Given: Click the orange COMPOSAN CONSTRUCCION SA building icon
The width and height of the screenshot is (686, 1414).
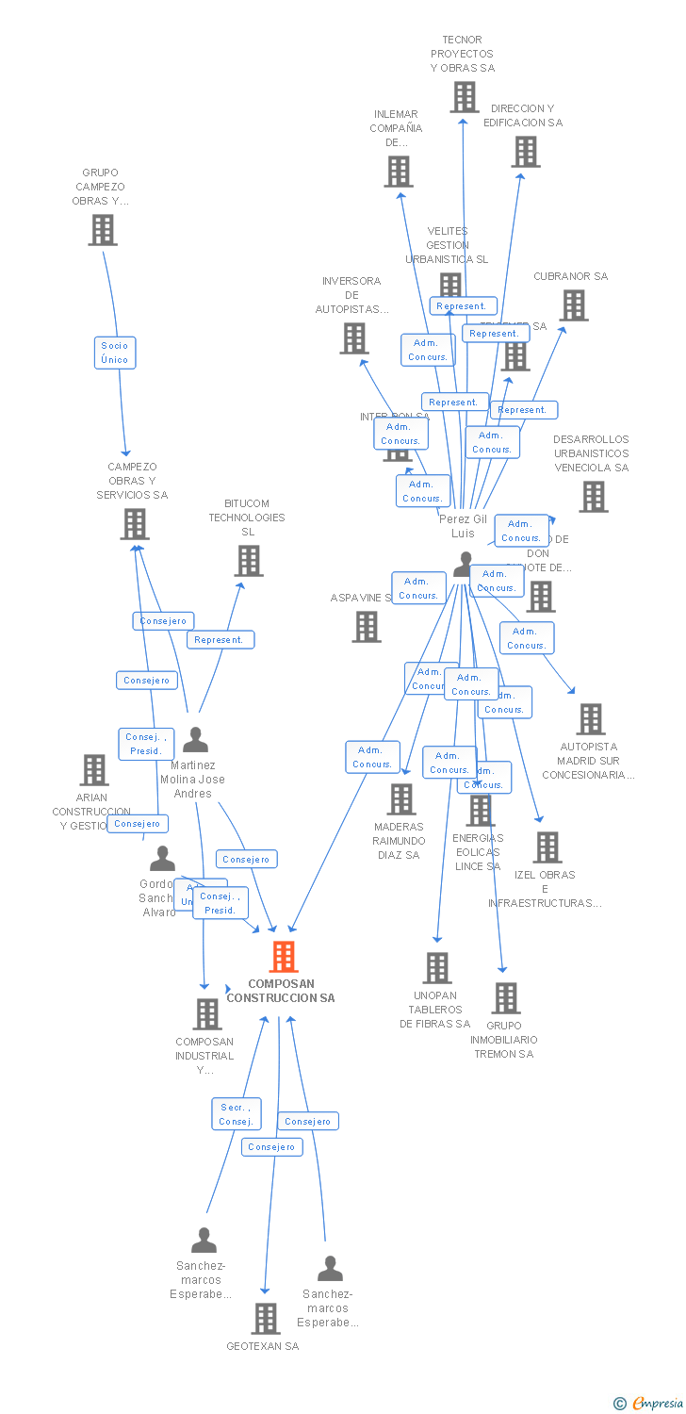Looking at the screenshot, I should point(284,957).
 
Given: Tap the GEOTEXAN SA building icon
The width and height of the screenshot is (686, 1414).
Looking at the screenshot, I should point(267,1318).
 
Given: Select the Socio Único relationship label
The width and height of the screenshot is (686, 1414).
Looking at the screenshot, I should point(115,353).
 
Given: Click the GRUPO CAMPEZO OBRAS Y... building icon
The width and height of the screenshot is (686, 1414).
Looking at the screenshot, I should point(103,230).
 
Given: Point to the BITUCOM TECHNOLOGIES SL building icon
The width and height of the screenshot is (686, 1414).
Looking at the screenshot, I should point(249,561).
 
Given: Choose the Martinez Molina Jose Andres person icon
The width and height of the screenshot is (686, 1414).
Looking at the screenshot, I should point(195,740).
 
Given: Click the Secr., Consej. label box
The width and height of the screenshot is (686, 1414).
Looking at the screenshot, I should point(236,1114).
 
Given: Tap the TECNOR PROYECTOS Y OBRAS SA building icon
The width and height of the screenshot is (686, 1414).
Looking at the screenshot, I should point(464,97).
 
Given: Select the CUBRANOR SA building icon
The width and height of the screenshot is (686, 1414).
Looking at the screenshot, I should point(573,305).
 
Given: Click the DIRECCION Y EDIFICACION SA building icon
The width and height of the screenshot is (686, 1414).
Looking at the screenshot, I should point(525,152).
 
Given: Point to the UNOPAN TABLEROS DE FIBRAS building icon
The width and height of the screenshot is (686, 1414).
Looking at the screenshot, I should point(437,968).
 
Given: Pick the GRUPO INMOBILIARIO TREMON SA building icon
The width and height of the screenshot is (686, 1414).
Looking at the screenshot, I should point(506,998).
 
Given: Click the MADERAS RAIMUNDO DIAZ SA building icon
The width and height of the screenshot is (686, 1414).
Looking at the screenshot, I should point(401,799).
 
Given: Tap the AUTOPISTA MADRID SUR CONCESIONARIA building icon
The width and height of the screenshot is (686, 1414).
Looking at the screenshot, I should point(591,719).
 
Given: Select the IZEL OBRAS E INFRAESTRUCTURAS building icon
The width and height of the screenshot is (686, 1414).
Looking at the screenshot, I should point(547,847).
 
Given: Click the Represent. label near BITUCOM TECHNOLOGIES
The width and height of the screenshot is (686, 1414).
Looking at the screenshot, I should point(220,639).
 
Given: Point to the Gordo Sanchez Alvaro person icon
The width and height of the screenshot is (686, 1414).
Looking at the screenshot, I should point(163,859).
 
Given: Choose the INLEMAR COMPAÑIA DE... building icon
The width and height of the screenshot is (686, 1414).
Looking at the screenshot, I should point(399,172).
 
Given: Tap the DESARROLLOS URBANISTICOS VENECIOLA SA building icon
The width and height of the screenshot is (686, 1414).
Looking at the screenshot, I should point(593,497).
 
